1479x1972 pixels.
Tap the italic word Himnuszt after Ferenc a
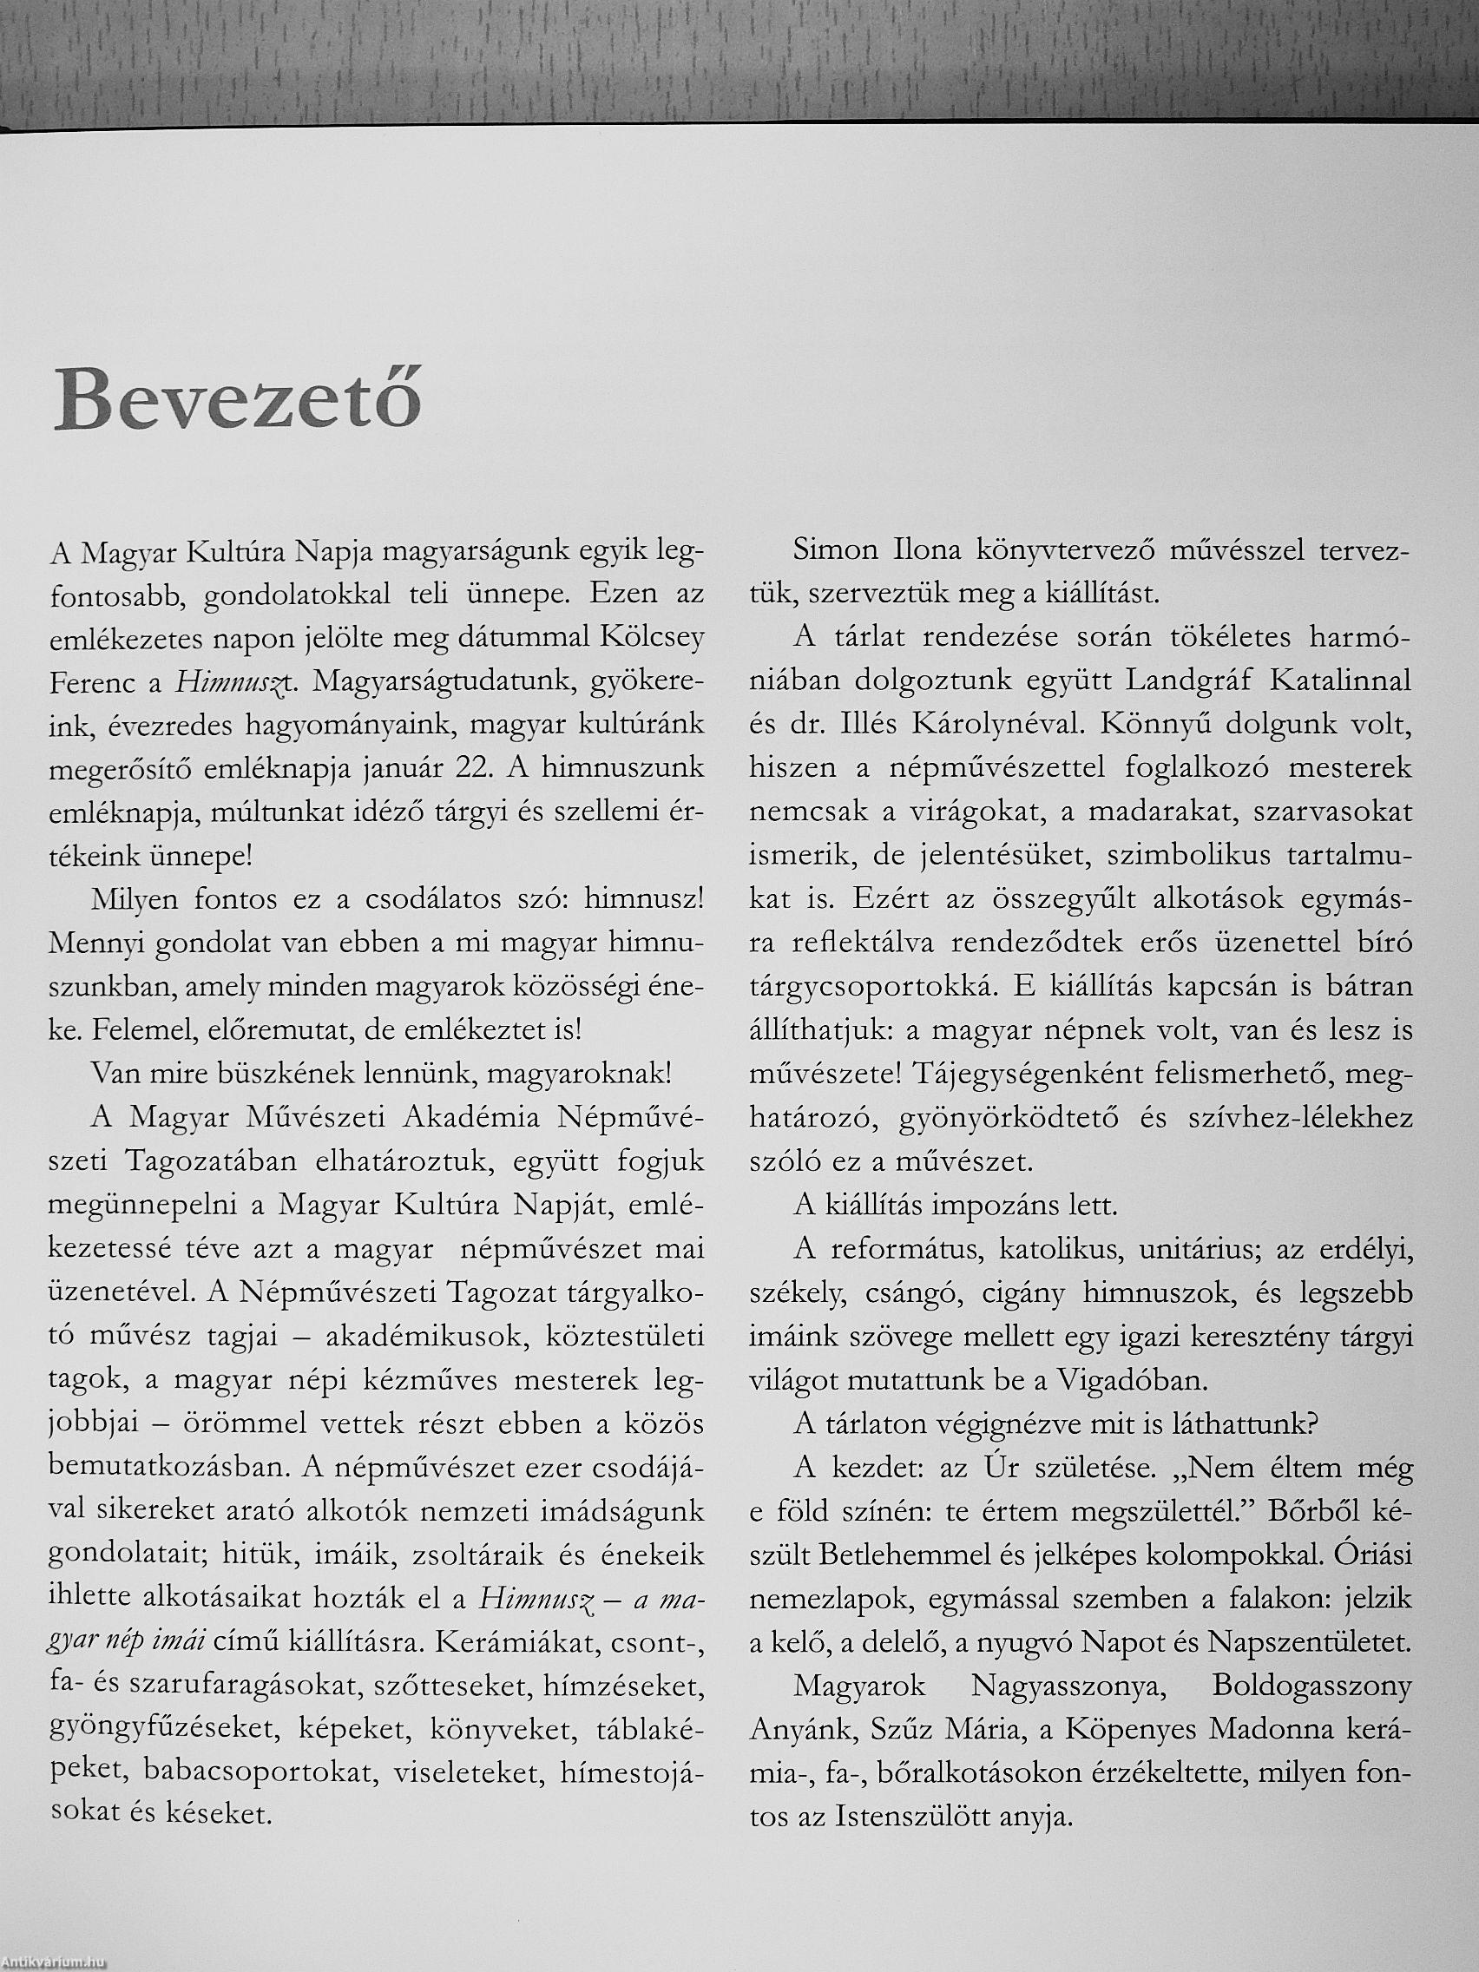pos(230,683)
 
